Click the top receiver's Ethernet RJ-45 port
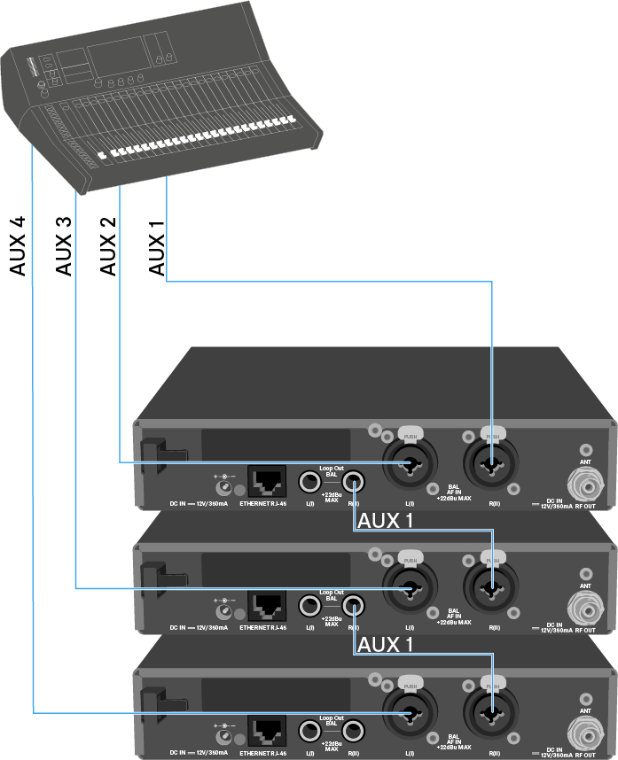267,482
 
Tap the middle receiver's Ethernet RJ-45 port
267,606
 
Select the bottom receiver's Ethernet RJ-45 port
267,731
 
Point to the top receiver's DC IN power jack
226,484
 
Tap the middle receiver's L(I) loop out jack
309,606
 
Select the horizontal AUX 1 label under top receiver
383,520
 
